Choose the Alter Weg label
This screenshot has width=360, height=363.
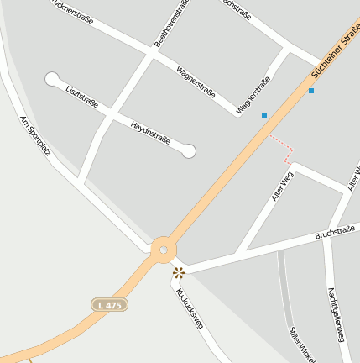(282, 186)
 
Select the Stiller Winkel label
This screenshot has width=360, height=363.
(300, 345)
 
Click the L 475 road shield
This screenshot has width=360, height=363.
(109, 304)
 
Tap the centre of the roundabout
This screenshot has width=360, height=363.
(161, 250)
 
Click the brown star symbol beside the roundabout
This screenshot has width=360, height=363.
(178, 272)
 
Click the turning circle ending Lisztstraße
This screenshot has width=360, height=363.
(53, 80)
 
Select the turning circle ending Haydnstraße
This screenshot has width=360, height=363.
(189, 151)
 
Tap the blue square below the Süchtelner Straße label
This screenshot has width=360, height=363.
(311, 90)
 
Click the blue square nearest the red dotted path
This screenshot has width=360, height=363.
(264, 115)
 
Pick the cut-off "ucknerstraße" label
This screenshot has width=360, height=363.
(71, 11)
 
